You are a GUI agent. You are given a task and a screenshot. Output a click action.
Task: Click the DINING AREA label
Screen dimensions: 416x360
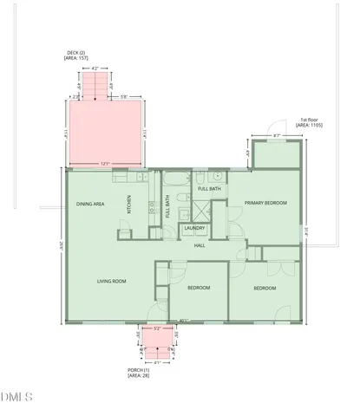pos(91,204)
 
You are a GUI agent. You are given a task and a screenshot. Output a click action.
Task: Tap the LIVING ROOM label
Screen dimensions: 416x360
pos(112,281)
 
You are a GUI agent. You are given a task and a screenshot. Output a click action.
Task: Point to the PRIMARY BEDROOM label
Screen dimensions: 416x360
pos(265,203)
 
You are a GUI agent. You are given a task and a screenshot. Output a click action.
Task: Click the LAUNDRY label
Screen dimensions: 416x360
pos(192,230)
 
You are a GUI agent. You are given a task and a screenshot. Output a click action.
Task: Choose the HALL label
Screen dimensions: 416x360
pos(199,245)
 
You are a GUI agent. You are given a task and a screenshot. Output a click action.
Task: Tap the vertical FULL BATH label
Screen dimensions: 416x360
pos(167,209)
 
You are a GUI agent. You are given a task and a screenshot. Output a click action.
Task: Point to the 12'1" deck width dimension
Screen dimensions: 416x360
pos(103,163)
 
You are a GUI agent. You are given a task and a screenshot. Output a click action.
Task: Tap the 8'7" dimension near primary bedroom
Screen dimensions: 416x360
pos(276,135)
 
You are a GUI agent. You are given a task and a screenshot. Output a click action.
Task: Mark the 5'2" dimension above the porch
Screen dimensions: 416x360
pos(157,329)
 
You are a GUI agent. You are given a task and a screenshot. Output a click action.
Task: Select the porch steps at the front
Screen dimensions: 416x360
pos(156,353)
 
